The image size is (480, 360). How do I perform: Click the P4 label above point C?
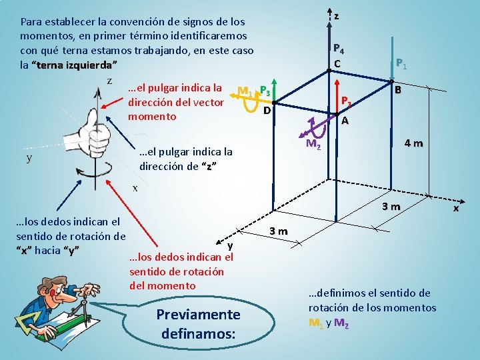pos(339,49)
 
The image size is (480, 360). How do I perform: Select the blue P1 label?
pos(401,64)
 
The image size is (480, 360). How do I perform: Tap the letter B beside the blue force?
pos(397,90)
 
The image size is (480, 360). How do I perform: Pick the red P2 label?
pos(346,102)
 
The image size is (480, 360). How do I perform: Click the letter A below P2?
pos(344,121)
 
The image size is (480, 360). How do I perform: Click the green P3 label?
pos(265,91)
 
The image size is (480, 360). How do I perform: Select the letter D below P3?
pos(266,109)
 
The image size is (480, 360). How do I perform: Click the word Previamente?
pos(197,314)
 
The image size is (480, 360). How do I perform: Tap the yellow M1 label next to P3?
pos(245,91)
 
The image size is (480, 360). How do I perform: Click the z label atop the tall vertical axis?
pos(337,16)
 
